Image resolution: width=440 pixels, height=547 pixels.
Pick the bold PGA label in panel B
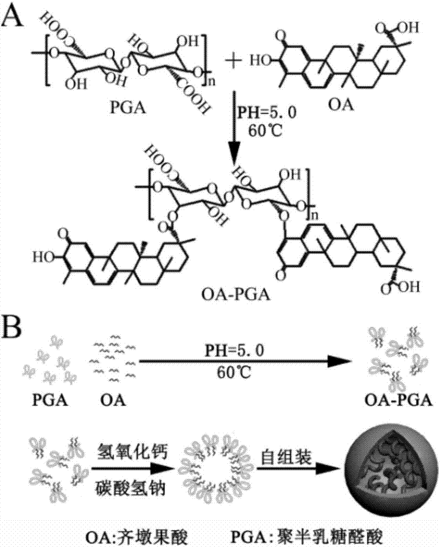[x=46, y=403]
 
